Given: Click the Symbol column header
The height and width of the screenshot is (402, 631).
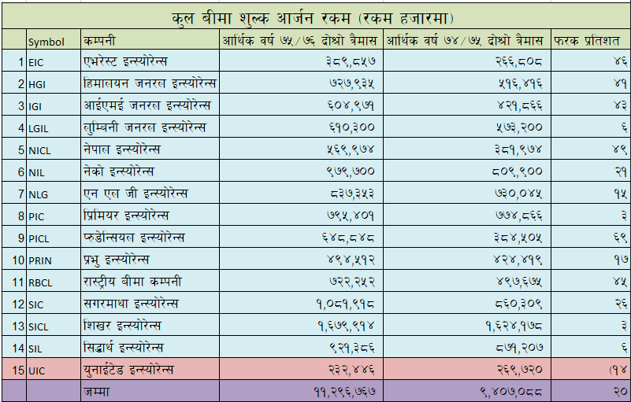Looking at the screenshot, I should [46, 41].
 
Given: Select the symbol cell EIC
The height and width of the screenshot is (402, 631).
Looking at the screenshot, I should [37, 61].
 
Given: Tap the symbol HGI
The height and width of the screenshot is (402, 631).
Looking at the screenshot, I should [38, 83].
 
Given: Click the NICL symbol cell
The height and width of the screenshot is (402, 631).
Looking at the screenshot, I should [39, 149].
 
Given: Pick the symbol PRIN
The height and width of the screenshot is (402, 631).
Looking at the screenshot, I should [40, 260].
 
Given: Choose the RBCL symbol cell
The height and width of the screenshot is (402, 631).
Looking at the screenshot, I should [40, 282].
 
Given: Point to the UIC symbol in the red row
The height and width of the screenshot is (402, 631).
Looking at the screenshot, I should [37, 370].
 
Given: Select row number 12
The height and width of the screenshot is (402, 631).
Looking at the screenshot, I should [17, 304].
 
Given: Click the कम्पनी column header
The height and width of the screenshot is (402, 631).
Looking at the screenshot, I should [102, 40].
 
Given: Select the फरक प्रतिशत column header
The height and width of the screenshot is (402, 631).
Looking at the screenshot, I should [588, 39].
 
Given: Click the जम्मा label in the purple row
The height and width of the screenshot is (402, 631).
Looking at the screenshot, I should [99, 391].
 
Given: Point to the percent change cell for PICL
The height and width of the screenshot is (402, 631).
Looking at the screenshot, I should [619, 237].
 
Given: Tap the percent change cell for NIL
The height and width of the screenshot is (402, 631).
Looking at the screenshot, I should [619, 171].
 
